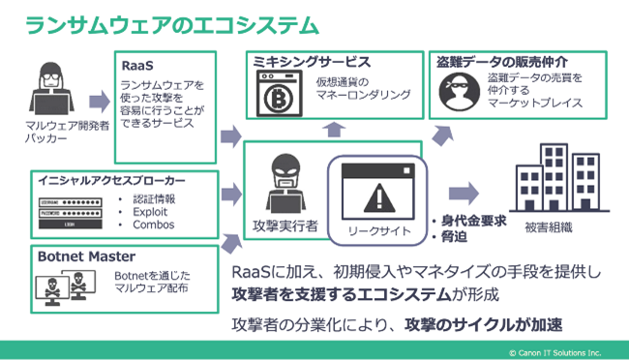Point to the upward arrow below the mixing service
pos(332,129)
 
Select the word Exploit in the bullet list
pos(151,212)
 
